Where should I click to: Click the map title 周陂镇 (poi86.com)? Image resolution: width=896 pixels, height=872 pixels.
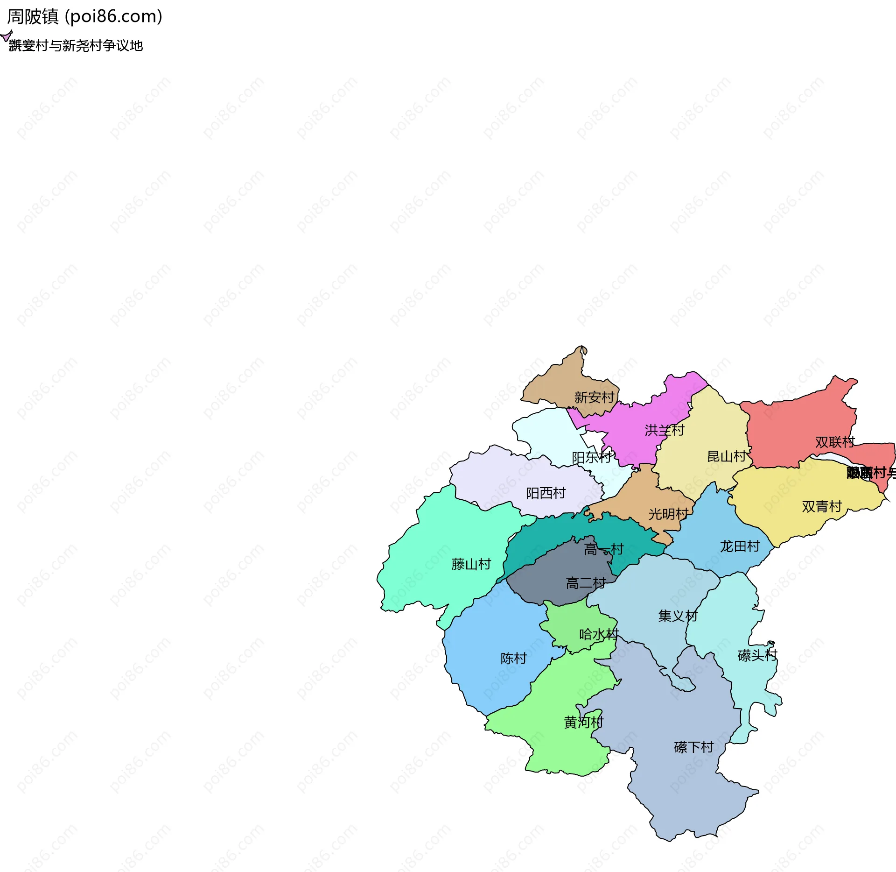84,17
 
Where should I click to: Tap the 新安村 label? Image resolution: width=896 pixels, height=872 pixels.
594,397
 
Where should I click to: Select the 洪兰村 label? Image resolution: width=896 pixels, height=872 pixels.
664,430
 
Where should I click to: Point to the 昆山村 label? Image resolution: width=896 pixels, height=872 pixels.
727,456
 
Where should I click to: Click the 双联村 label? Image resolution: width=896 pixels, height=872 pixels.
835,442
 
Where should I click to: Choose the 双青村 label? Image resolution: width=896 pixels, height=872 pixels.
821,507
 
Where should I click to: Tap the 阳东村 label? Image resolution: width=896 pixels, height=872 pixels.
591,458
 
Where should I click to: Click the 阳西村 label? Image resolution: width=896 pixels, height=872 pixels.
546,493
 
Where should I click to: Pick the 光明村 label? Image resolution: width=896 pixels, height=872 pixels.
668,514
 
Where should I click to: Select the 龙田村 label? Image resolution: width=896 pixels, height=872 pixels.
740,546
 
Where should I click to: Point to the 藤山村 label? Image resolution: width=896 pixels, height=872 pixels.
471,565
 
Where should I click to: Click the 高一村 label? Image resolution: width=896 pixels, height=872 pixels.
603,550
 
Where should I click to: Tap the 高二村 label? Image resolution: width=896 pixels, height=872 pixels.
585,583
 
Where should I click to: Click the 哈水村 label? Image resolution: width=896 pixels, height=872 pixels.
599,635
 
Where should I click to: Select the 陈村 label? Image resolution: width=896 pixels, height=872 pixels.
513,659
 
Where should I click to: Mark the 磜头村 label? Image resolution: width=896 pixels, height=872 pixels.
757,656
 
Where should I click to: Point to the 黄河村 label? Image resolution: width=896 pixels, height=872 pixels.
583,723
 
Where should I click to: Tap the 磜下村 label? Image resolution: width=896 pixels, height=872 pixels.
693,748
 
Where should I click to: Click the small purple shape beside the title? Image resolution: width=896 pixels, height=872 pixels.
6,36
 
